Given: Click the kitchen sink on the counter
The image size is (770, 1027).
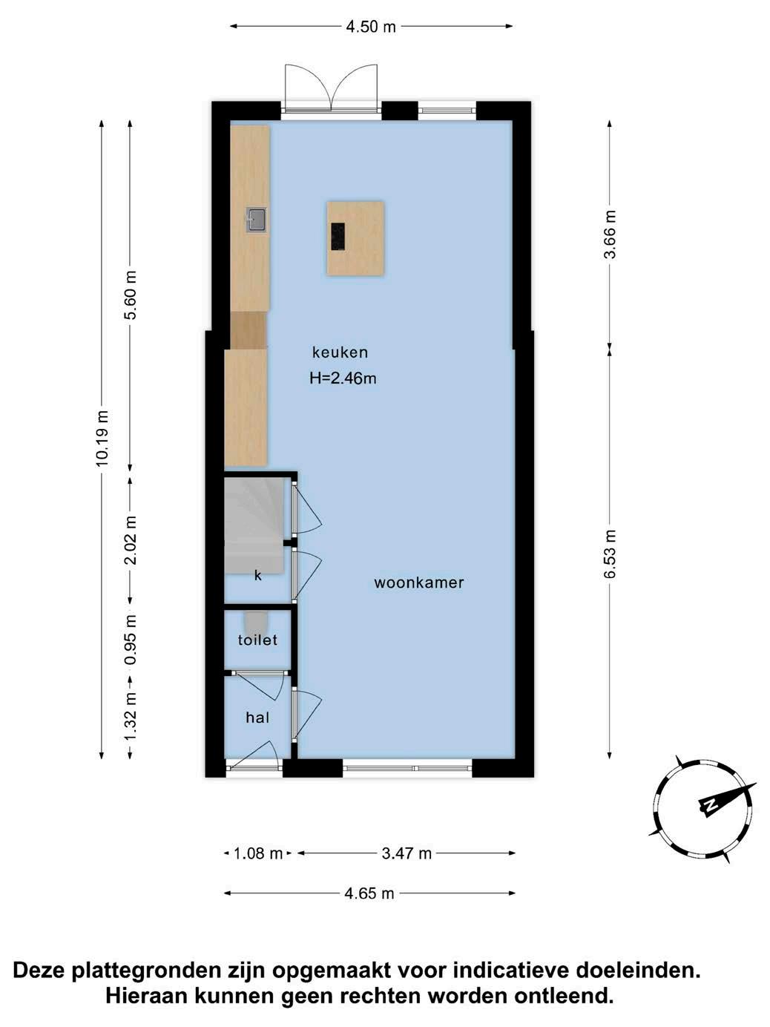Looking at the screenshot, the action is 257,220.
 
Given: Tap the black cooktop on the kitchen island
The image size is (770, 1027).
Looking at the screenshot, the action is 338,236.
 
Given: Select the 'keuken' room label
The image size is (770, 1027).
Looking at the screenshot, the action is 340,352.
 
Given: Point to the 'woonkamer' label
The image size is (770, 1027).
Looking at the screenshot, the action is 419,583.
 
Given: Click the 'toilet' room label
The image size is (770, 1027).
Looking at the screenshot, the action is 257,640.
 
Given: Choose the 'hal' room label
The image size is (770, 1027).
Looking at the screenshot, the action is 257,718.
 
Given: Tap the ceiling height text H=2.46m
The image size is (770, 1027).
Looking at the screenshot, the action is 343,378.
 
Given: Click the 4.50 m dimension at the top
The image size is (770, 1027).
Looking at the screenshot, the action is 371,27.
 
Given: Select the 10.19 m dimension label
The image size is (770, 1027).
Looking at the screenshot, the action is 102,438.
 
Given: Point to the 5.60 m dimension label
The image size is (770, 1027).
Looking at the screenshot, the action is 130,295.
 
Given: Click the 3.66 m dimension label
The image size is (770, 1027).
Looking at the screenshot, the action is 610,234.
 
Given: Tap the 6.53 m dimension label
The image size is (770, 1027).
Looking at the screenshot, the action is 610,554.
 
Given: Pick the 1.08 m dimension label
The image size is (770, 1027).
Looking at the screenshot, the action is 258,853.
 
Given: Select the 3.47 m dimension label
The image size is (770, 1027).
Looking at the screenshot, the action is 407,853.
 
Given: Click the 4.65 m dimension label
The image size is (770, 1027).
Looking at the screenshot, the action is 369,893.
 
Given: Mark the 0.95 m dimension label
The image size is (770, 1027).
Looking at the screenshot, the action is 130,640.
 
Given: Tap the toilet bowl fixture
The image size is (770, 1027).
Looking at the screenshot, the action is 256,621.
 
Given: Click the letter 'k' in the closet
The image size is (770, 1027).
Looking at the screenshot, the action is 258,576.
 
